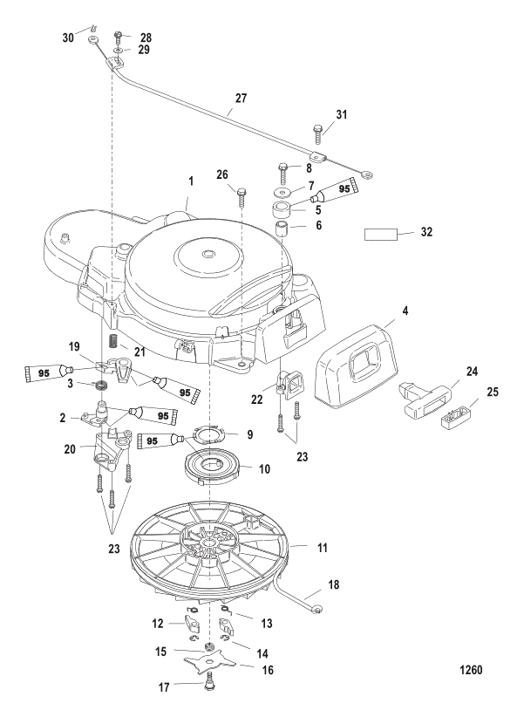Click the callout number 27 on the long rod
(x=241, y=98)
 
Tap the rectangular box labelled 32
(x=381, y=235)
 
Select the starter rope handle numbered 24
(x=426, y=395)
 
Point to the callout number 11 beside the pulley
(x=323, y=548)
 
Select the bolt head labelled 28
(x=118, y=34)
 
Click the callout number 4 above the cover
(x=405, y=311)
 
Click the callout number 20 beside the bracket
(x=70, y=449)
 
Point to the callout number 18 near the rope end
(x=334, y=584)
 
